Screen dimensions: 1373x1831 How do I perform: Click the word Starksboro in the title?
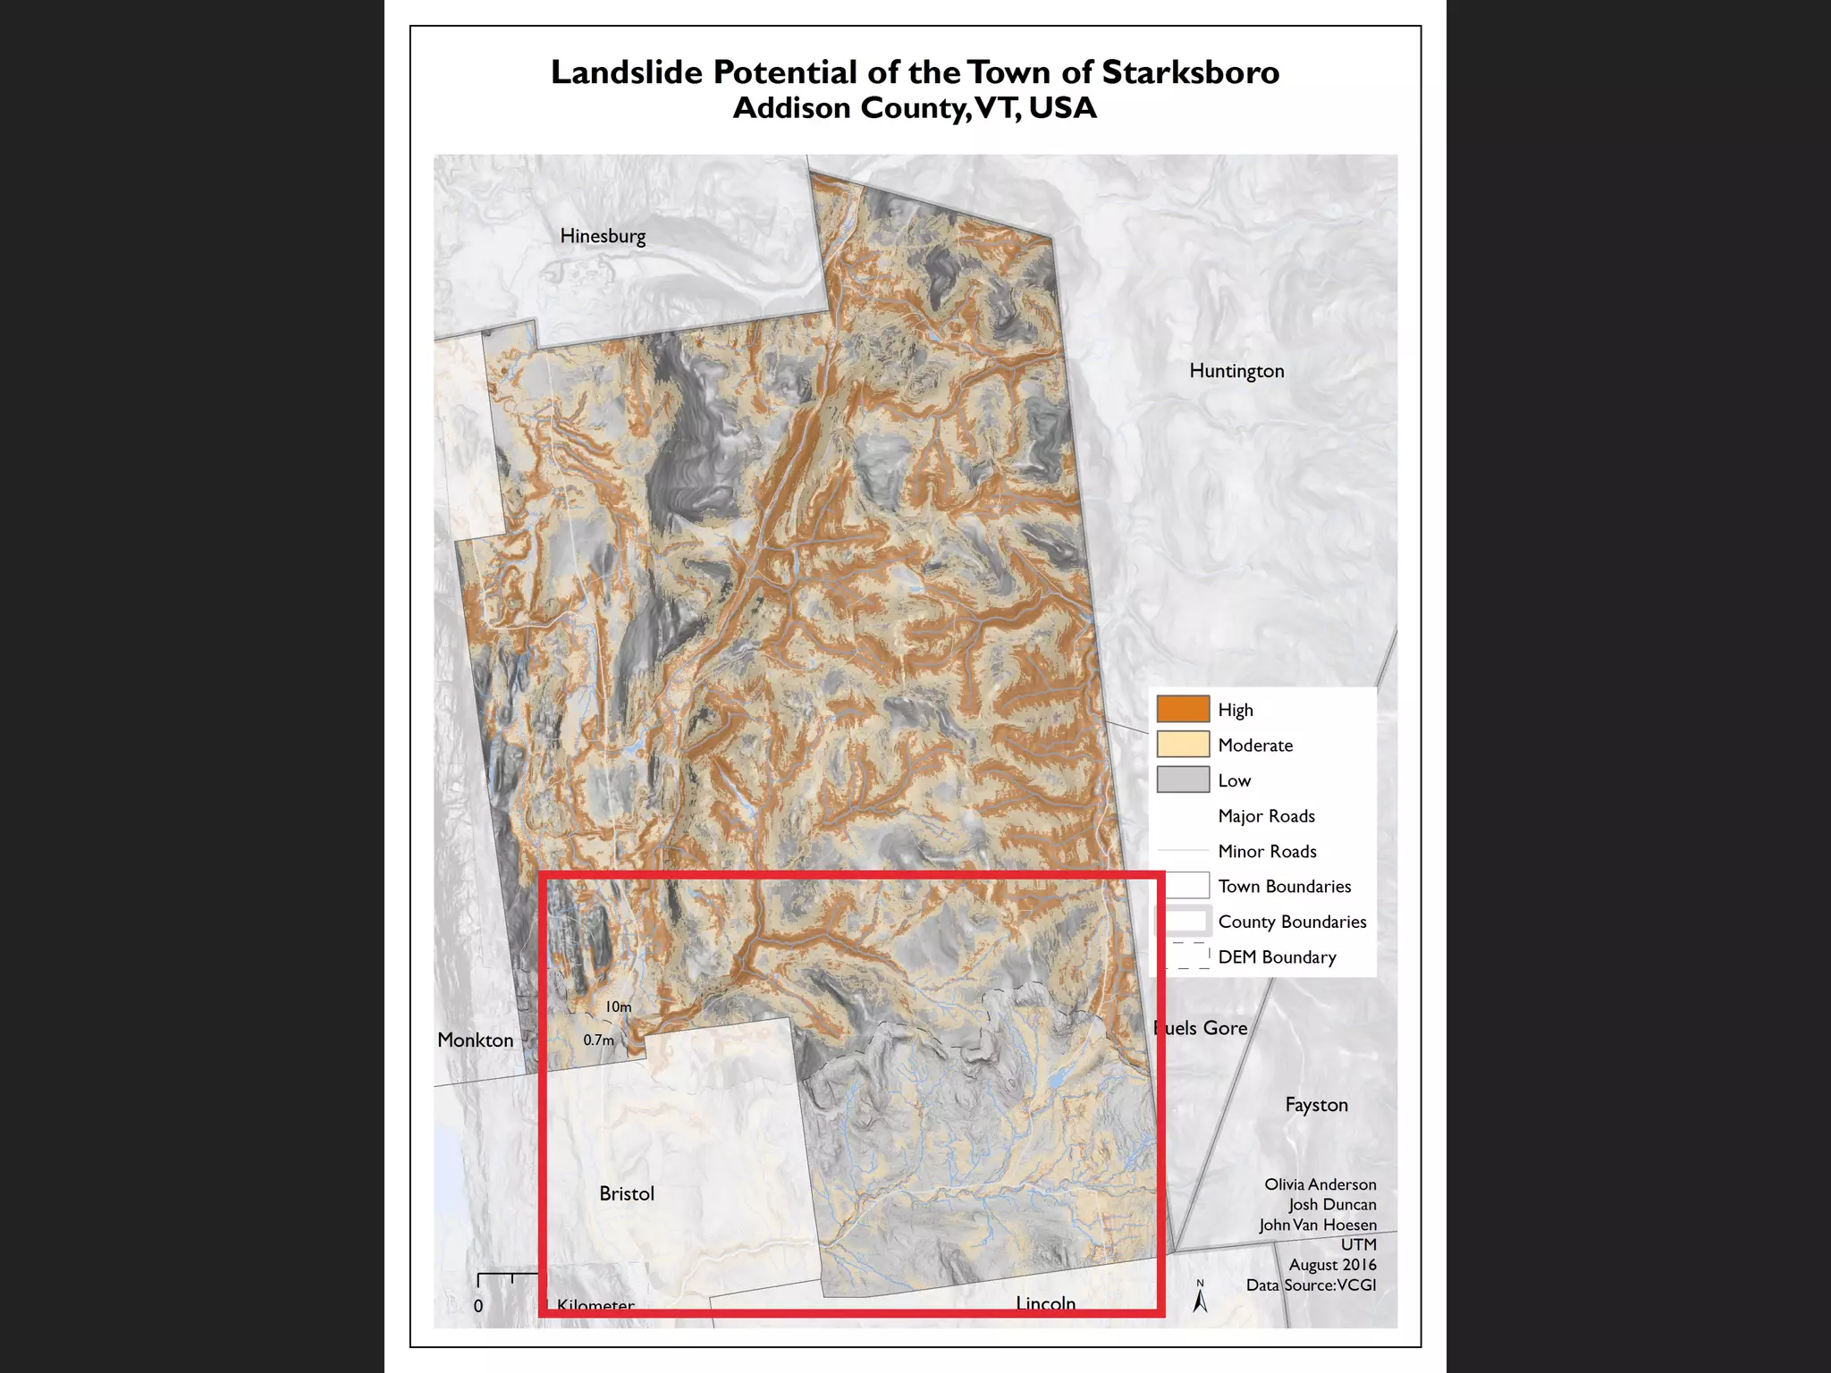(1190, 72)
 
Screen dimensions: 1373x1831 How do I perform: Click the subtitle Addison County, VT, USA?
(915, 108)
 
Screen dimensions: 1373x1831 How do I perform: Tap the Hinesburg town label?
(603, 236)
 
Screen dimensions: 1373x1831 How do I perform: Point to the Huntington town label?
(1236, 371)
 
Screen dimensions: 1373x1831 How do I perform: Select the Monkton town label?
(476, 1040)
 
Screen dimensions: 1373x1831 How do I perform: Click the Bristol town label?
(627, 1194)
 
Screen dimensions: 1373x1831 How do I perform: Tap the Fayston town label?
(1316, 1105)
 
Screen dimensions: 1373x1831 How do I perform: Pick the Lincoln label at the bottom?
(1045, 1303)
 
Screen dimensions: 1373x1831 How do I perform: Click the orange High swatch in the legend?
(1183, 709)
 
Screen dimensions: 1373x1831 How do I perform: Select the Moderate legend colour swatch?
(1183, 745)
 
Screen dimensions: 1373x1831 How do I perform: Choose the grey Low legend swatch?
(1183, 779)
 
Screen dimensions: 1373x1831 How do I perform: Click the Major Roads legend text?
(1266, 816)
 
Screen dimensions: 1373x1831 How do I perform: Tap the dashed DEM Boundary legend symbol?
(1188, 956)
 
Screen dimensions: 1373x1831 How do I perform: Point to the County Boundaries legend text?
(1292, 922)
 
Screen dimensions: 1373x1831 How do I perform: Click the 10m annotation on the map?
(619, 1007)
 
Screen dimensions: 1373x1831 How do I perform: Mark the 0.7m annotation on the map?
(599, 1040)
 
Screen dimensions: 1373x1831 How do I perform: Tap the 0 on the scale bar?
(478, 1306)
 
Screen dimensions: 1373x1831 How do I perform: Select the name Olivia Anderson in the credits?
(1320, 1184)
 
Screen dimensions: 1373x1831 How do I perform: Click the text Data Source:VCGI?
(1311, 1285)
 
